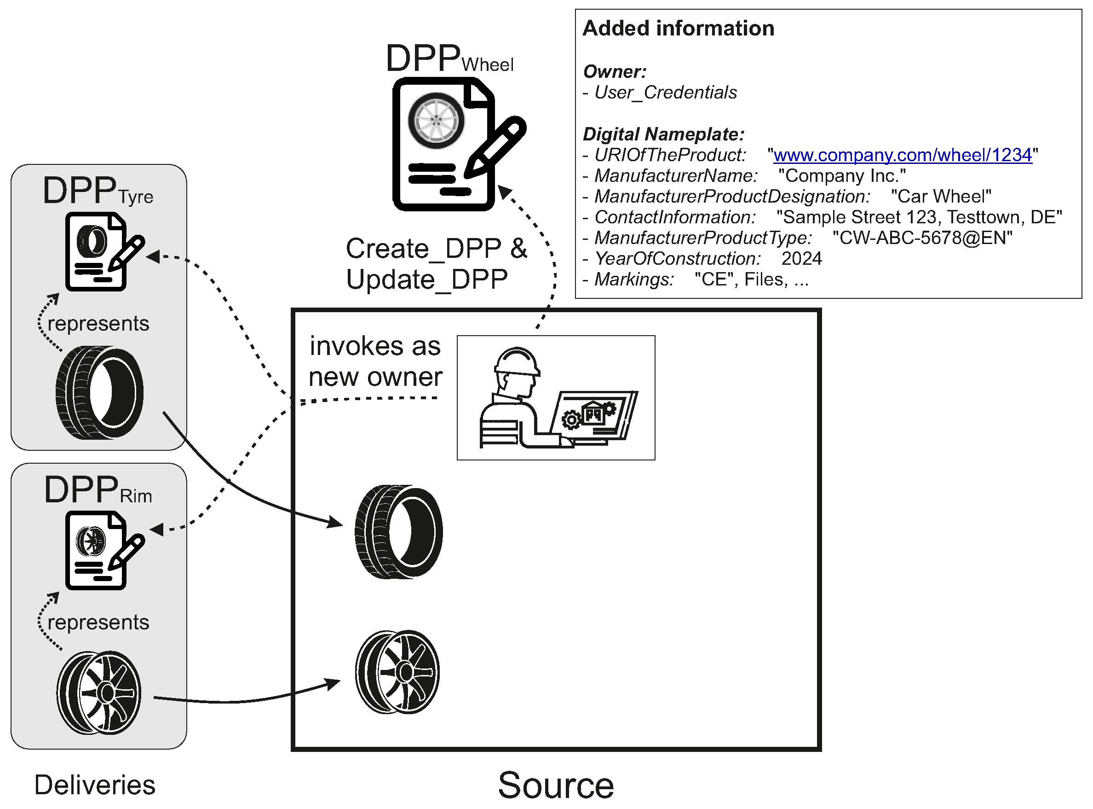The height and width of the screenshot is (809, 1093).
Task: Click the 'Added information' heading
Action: tap(678, 29)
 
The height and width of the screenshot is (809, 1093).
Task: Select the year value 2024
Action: tap(801, 259)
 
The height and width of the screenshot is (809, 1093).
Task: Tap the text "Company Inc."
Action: tap(841, 176)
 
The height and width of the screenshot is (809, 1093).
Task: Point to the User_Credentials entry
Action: tap(665, 93)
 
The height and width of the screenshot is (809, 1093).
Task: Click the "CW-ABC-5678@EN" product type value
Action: tap(922, 238)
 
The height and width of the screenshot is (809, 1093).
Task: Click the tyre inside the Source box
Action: tap(398, 531)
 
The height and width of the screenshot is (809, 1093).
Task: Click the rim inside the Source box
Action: tap(397, 672)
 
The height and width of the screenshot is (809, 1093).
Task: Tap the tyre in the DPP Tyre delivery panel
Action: tap(99, 392)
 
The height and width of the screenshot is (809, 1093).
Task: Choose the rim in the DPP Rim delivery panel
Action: tap(99, 693)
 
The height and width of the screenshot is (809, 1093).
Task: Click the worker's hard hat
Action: tap(517, 361)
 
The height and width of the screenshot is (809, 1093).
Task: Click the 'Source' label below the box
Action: tap(555, 785)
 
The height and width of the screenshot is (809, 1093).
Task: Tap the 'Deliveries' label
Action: tap(94, 785)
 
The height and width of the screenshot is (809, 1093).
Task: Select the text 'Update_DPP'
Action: tap(426, 279)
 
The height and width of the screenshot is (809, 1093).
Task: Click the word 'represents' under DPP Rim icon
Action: tap(98, 623)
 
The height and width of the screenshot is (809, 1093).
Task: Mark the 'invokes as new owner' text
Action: tap(375, 361)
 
